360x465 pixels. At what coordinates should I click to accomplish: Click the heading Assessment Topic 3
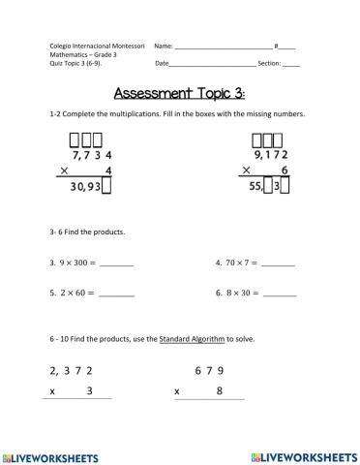[x=179, y=94]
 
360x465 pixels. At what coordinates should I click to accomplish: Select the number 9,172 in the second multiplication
[x=271, y=155]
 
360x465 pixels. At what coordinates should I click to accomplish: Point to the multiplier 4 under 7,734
[x=108, y=171]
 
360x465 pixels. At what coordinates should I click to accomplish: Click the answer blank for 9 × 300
[x=116, y=263]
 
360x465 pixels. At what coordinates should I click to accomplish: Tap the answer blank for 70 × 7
[x=279, y=263]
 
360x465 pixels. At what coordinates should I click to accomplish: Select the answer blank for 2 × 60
[x=116, y=294]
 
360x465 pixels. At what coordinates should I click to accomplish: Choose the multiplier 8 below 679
[x=221, y=391]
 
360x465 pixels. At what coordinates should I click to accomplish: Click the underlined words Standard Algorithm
[x=192, y=340]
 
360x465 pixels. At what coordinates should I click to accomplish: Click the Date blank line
[x=213, y=64]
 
